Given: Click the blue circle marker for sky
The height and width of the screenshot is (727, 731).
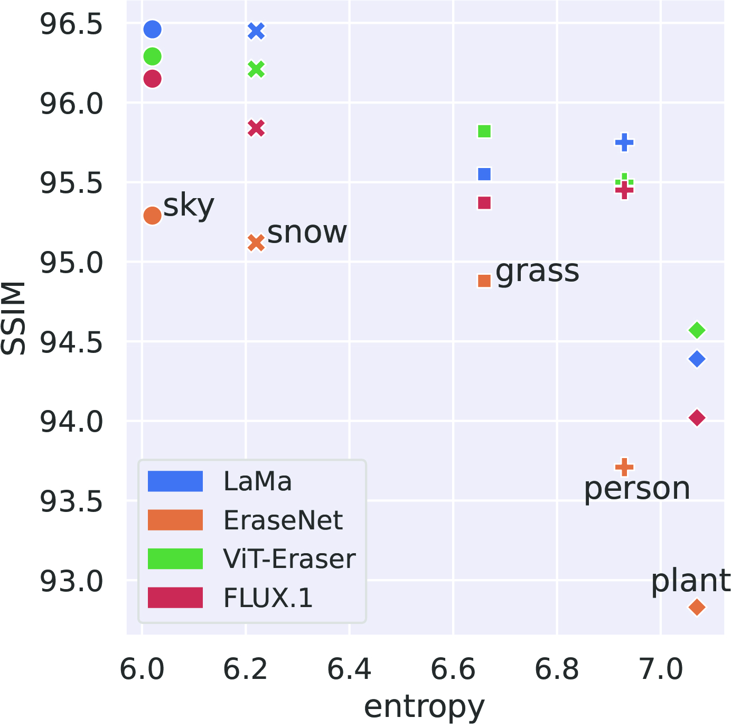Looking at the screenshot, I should (x=152, y=30).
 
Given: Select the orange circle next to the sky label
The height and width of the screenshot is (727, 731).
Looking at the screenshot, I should (x=152, y=216).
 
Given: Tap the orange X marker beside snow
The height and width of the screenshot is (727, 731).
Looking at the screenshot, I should (x=256, y=243).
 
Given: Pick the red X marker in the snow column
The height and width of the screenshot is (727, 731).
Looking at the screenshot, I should (x=256, y=128).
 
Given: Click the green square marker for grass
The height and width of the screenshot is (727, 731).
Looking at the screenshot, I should (x=484, y=131).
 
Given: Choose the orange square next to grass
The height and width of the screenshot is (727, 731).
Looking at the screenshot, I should (x=484, y=281).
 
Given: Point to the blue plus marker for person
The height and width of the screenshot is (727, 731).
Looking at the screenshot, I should (x=624, y=142).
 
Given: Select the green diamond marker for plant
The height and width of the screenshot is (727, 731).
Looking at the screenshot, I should (x=697, y=330).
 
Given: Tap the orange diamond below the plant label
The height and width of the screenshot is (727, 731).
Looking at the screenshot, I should (x=697, y=608).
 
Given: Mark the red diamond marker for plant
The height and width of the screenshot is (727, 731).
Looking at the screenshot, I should (x=697, y=418).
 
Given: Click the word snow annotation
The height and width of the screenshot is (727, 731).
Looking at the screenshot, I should (x=307, y=232).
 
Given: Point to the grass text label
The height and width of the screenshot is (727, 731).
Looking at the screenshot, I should (x=537, y=272).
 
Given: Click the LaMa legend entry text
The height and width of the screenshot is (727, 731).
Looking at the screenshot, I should (x=257, y=481).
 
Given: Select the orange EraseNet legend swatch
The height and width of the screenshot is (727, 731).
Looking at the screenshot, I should (x=175, y=520).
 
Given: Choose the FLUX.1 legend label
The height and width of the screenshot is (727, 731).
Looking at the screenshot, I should (x=268, y=598).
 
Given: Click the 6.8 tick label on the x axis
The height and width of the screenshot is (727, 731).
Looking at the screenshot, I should (x=557, y=670).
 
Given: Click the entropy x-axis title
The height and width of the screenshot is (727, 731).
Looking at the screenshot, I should (x=424, y=707).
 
